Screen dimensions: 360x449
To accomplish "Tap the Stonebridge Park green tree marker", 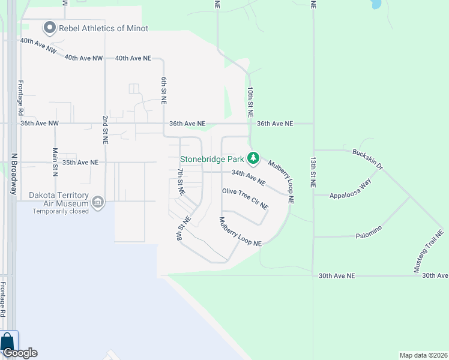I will pyautogui.click(x=254, y=158).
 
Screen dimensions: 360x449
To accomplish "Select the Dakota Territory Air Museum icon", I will pyautogui.click(x=97, y=202).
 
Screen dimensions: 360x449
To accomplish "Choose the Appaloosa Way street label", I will pyautogui.click(x=354, y=186).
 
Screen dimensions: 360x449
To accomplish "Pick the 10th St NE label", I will pyautogui.click(x=250, y=101).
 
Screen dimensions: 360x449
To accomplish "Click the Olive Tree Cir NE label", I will pyautogui.click(x=245, y=198).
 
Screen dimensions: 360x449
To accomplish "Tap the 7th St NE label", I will pyautogui.click(x=181, y=182).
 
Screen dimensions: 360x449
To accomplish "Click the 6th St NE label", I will pyautogui.click(x=163, y=91).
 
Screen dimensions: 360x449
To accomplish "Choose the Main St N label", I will pyautogui.click(x=55, y=162).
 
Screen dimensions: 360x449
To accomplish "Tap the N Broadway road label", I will pyautogui.click(x=13, y=172).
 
